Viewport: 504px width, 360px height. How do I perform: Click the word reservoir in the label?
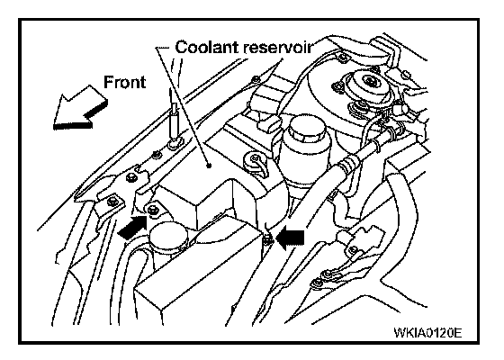[277, 48]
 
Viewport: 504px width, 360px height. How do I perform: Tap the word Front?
[125, 82]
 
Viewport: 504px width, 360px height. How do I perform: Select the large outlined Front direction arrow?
[79, 108]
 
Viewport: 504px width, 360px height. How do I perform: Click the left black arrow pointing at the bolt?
[132, 227]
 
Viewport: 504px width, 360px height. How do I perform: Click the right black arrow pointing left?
[292, 238]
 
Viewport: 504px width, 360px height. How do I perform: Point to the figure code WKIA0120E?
[427, 332]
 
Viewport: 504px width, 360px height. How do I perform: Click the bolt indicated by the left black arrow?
[153, 210]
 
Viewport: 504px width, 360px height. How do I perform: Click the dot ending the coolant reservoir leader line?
[209, 166]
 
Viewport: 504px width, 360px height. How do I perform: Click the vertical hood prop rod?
[174, 116]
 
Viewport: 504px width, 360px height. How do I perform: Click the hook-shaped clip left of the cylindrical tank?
[256, 163]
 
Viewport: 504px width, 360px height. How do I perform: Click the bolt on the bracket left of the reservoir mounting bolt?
[112, 202]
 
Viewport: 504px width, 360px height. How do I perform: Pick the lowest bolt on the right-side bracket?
[318, 283]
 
